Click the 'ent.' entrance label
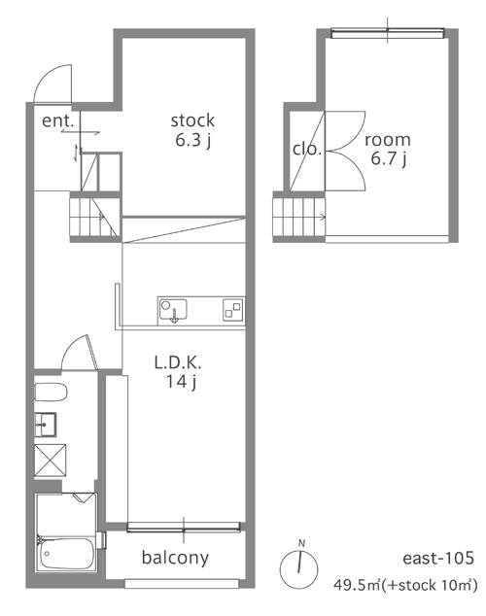point(57,120)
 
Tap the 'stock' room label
point(192,120)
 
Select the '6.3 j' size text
point(192,140)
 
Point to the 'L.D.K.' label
point(178,362)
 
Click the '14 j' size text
point(181,382)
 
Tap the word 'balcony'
point(175,558)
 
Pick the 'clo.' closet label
point(307,149)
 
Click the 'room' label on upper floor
point(388,140)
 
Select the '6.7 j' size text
point(389,159)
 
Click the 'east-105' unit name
point(438,558)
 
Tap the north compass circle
point(299,568)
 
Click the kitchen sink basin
point(173,310)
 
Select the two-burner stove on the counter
point(232,309)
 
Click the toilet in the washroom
point(51,393)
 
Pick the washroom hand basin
point(46,425)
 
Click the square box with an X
point(51,461)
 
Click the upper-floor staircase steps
point(299,217)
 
